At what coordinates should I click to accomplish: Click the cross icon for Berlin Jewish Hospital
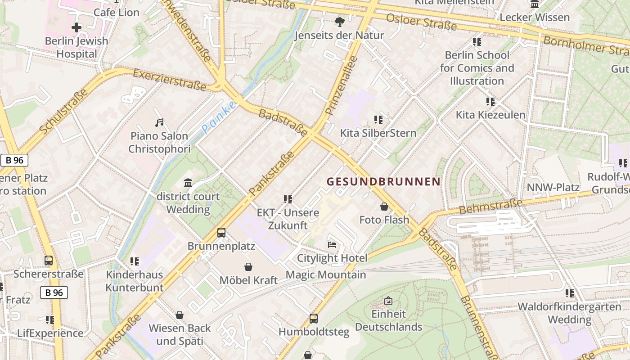(76, 27)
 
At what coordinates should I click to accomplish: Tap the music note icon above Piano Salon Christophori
(159, 122)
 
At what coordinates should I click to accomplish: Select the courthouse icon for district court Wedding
(188, 183)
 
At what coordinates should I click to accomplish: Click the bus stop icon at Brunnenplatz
(221, 233)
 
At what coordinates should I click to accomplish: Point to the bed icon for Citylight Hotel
(332, 245)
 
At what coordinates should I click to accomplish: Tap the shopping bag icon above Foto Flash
(384, 207)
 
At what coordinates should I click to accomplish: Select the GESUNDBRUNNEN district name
(383, 182)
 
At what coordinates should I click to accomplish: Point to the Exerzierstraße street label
(170, 80)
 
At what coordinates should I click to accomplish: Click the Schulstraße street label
(63, 112)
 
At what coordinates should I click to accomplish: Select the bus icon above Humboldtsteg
(314, 319)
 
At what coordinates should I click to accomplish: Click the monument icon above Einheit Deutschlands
(388, 301)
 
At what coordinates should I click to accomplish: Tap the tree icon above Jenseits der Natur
(340, 22)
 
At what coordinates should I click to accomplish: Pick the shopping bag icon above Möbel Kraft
(248, 267)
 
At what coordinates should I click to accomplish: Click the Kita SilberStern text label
(378, 133)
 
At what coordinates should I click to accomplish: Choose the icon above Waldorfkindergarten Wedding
(570, 293)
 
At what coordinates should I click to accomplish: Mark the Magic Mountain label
(326, 274)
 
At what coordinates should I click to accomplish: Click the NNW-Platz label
(553, 187)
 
